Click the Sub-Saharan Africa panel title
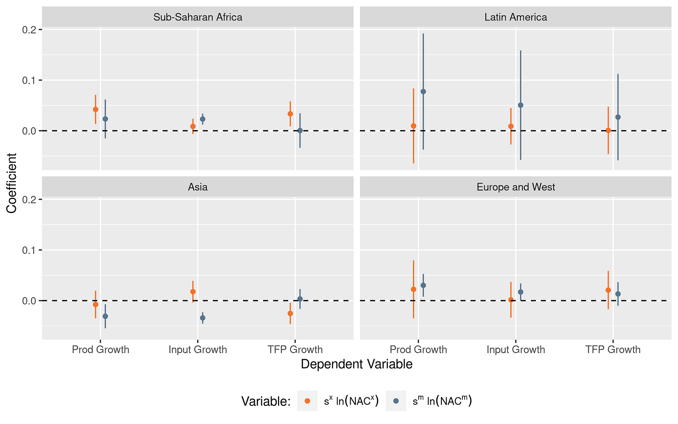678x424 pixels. (197, 17)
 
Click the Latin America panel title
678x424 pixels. (515, 17)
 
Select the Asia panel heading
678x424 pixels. (197, 187)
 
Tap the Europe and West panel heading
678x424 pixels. (515, 187)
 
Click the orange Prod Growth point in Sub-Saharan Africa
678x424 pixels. (95, 109)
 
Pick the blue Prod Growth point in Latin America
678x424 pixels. (423, 91)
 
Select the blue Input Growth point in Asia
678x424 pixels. (203, 318)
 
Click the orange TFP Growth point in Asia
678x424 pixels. (290, 313)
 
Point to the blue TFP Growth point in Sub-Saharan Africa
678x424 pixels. (300, 130)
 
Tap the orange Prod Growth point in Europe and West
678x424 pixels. (414, 289)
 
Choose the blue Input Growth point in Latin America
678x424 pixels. (521, 105)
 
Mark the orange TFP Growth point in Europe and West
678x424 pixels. (608, 290)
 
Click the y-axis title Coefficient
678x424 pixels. (12, 183)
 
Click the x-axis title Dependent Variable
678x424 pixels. (357, 364)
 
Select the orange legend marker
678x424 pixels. (307, 401)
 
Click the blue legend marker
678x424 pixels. (396, 401)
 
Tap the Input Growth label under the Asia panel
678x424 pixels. (197, 349)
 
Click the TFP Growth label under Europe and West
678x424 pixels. (613, 349)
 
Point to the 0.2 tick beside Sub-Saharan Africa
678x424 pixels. (30, 30)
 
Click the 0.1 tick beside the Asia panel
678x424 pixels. (30, 250)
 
